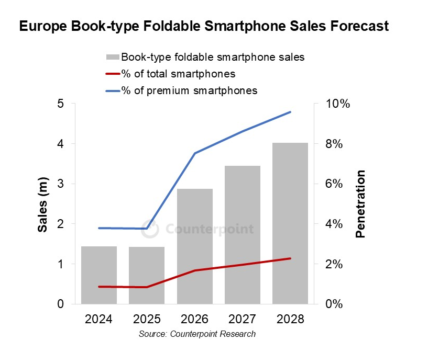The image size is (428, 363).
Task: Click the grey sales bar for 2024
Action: [99, 275]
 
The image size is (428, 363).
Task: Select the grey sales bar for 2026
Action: [194, 246]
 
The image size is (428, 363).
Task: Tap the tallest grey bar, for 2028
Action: [290, 223]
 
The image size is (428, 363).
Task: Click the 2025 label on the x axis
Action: [147, 319]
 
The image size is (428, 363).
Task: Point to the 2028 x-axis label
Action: [290, 319]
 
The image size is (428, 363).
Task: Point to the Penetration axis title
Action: [360, 204]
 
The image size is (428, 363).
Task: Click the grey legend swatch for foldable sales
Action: [112, 56]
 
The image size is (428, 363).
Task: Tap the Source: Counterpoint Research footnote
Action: [197, 334]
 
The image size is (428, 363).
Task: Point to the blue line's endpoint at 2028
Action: [290, 112]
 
